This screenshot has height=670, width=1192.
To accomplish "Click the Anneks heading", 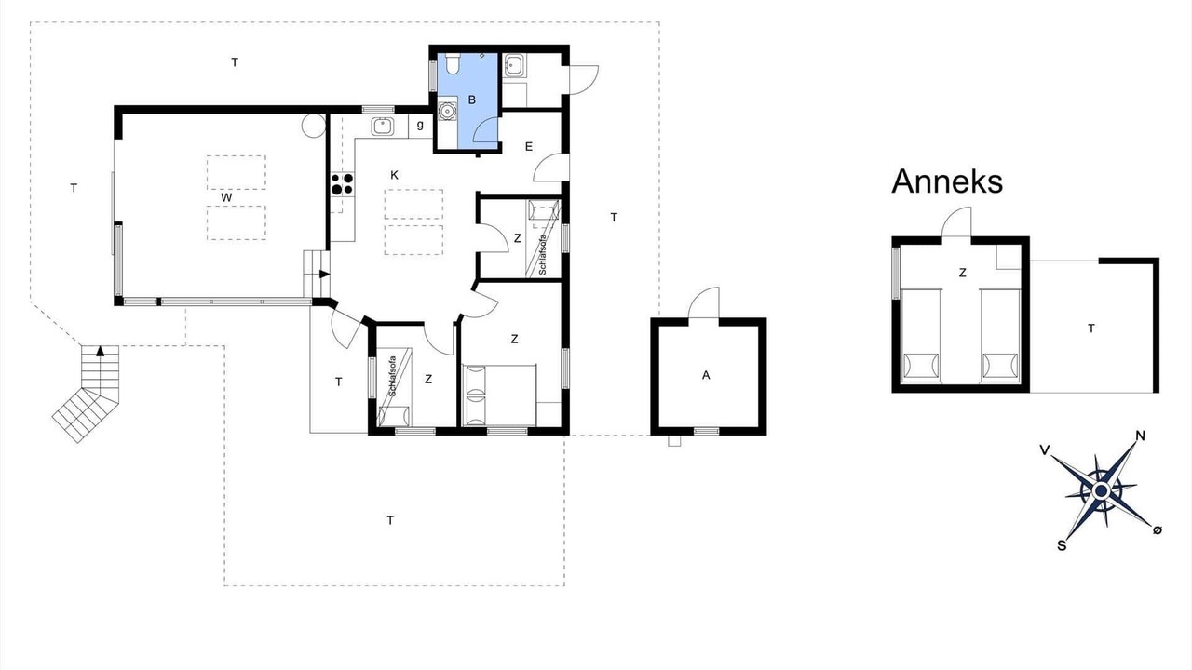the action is [x=947, y=181].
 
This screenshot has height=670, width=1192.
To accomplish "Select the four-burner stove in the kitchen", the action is [x=342, y=184].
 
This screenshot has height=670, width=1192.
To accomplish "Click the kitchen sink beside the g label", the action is [x=383, y=126].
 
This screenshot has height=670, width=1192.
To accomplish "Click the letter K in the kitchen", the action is [x=394, y=175].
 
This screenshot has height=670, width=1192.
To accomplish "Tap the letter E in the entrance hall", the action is [x=528, y=147].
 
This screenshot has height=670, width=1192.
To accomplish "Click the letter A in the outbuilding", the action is [x=706, y=375].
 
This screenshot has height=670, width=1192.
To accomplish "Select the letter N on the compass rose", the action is [x=1140, y=436].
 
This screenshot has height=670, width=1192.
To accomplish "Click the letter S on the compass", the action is [x=1062, y=545].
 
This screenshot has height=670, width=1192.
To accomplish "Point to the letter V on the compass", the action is [x=1045, y=450].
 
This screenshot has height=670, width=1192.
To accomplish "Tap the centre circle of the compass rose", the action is [x=1101, y=489].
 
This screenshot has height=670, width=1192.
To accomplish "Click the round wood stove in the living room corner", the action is [x=314, y=126].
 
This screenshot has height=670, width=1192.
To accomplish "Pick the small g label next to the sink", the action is [x=420, y=126].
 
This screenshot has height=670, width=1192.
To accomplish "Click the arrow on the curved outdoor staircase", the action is [x=100, y=352].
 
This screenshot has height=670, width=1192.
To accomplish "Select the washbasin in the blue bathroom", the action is [x=447, y=111].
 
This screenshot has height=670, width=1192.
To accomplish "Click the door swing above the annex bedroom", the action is [x=956, y=221].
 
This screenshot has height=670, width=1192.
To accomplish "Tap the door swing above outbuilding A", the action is [x=703, y=303].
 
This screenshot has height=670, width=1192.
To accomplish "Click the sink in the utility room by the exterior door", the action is [x=513, y=67].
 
